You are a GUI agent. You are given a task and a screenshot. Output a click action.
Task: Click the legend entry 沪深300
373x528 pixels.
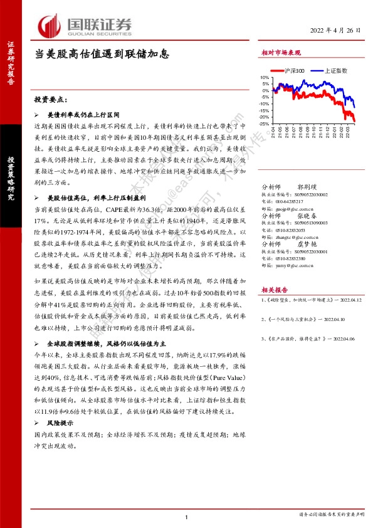coord(293,71)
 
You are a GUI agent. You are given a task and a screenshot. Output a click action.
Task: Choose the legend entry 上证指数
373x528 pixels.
coord(334,71)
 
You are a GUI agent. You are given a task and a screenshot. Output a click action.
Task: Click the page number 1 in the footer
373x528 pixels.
coord(187,515)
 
